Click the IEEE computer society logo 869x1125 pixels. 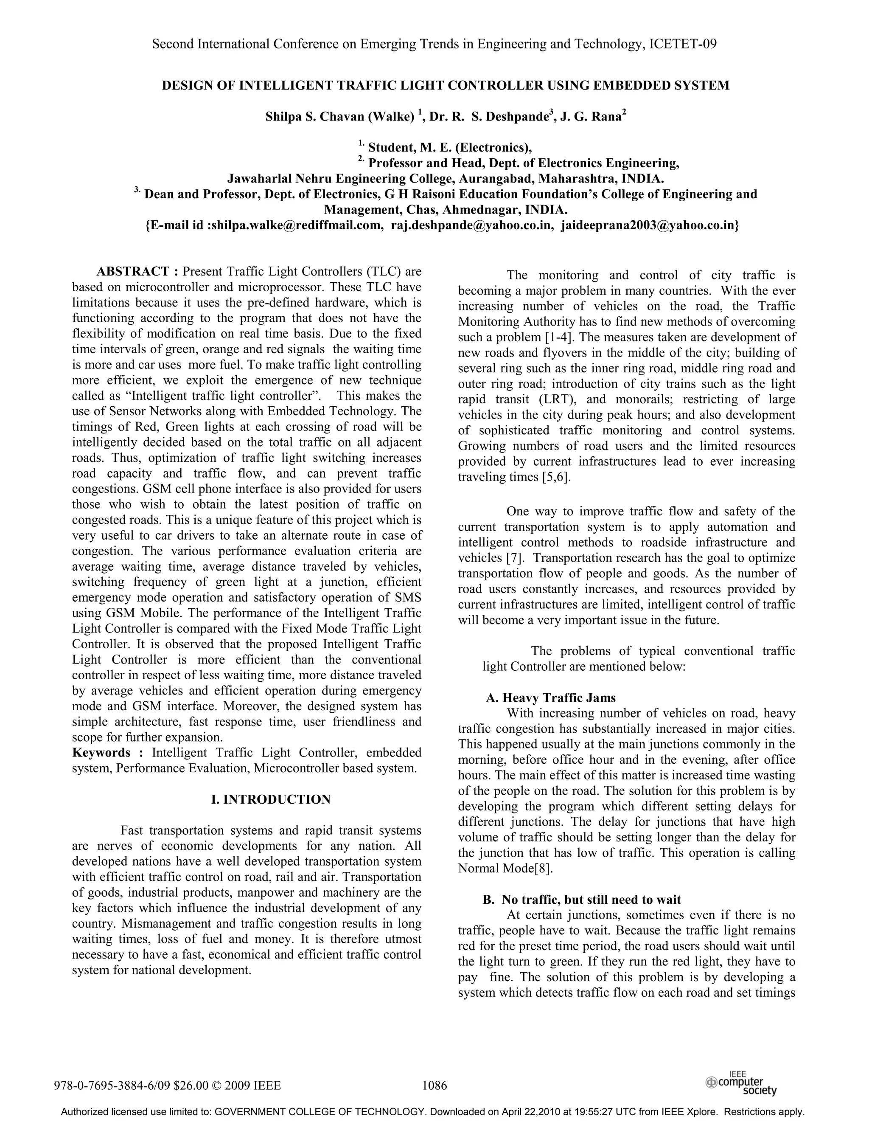pyautogui.click(x=741, y=1083)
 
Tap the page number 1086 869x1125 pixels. pyautogui.click(x=434, y=1086)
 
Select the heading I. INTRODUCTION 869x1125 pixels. pyautogui.click(x=271, y=799)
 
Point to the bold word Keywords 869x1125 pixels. pyautogui.click(x=101, y=753)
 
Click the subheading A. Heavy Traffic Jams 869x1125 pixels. pyautogui.click(x=551, y=698)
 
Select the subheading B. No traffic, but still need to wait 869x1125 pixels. pyautogui.click(x=582, y=900)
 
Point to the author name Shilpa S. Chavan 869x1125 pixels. pyautogui.click(x=314, y=117)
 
